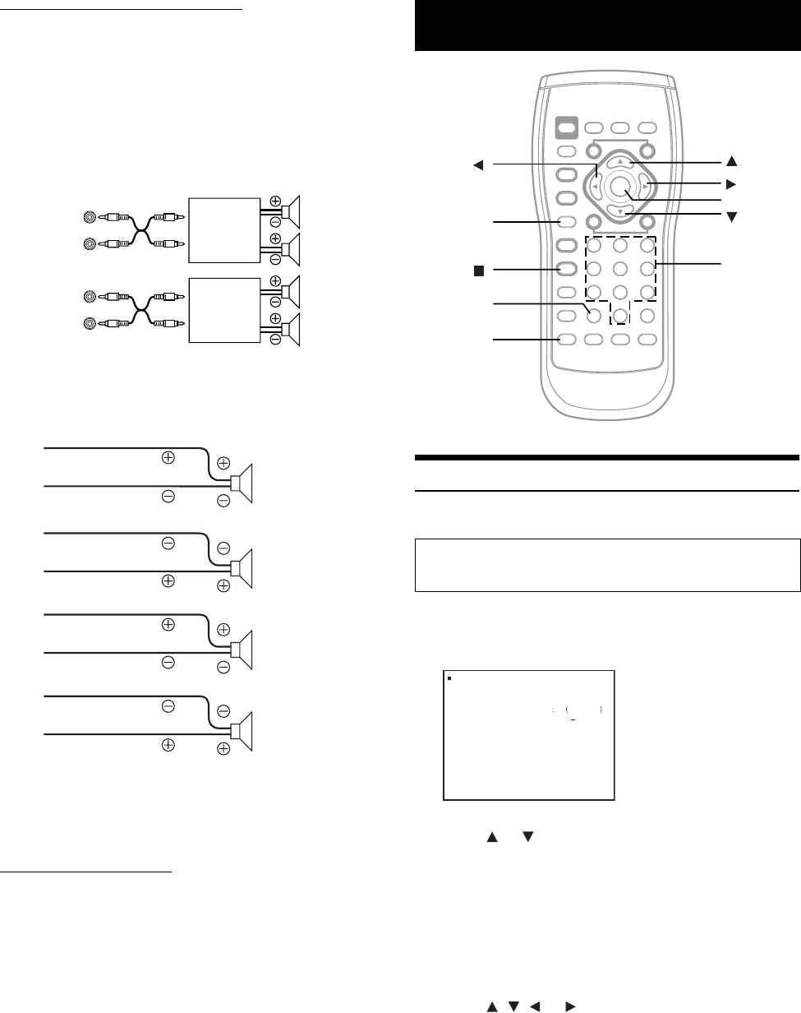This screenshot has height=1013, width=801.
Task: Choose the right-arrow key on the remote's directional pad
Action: (x=645, y=187)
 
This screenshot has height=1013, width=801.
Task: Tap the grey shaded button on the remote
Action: (x=566, y=127)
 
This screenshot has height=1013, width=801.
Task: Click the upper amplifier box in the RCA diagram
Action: (x=224, y=230)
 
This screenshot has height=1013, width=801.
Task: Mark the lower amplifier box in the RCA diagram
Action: (x=224, y=310)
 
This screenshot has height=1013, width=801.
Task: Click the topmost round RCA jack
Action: (x=90, y=218)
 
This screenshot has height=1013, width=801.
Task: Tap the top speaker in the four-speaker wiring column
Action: (x=245, y=482)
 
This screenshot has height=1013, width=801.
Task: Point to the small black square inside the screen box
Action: (x=450, y=680)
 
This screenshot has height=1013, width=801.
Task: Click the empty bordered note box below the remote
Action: (x=607, y=565)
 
